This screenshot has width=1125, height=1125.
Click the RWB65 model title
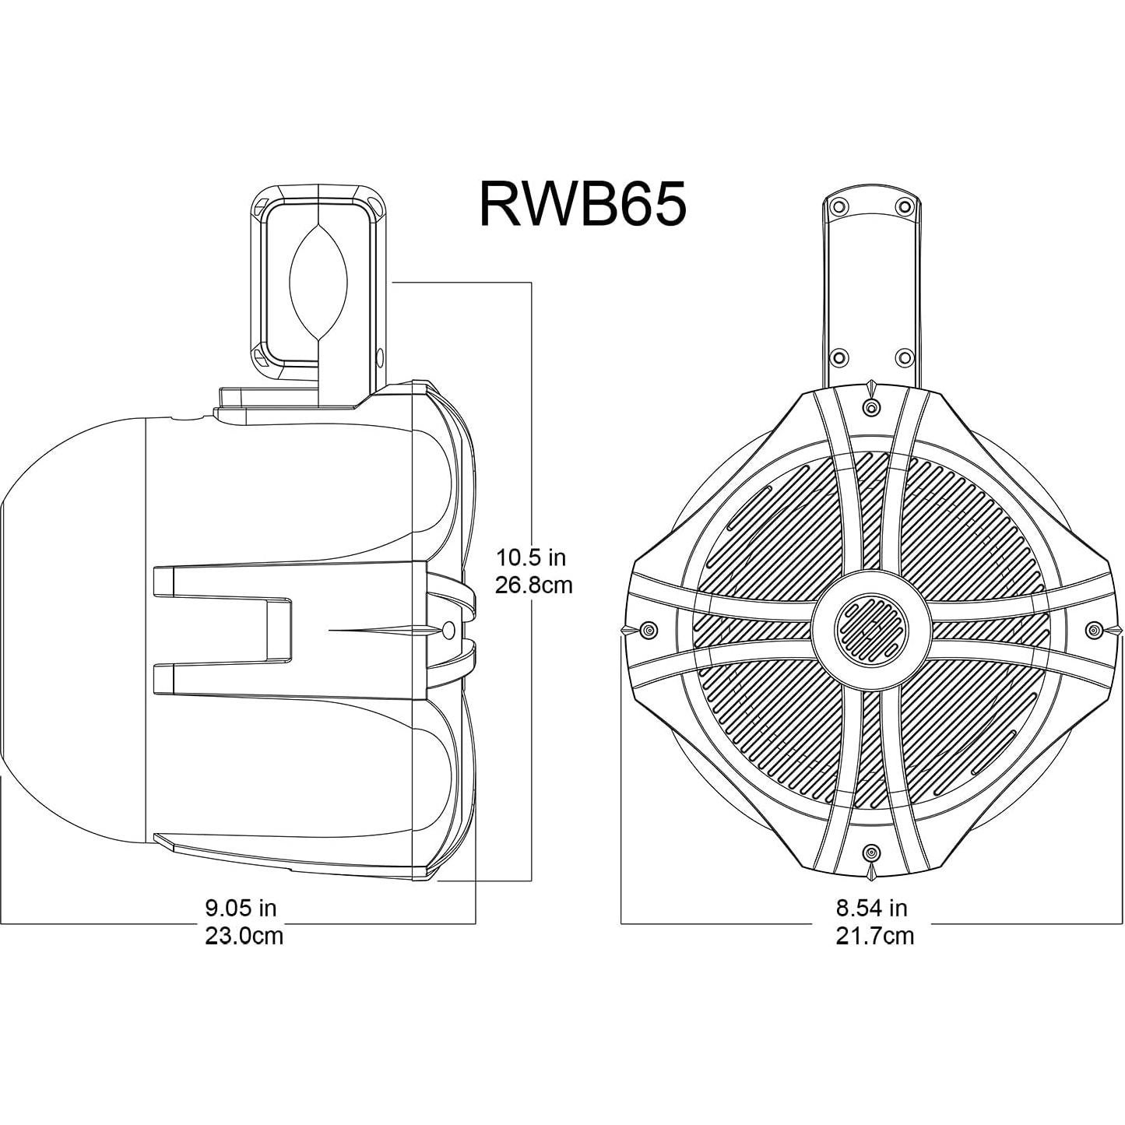(x=582, y=203)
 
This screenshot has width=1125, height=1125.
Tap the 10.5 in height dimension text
(x=532, y=557)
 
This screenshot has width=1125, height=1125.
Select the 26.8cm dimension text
(x=534, y=585)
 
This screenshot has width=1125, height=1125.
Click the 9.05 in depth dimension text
(x=241, y=908)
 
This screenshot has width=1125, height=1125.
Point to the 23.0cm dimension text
(x=244, y=935)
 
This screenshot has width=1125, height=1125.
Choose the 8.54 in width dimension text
(x=871, y=908)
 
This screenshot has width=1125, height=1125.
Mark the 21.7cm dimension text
(x=874, y=935)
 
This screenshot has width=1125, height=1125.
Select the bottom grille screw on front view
(x=871, y=850)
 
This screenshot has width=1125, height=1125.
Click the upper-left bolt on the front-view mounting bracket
(x=838, y=207)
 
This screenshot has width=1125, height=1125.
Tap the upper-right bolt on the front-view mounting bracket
(x=904, y=207)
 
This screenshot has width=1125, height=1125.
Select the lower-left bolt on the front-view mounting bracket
(x=838, y=357)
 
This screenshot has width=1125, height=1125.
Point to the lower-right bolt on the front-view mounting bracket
(x=904, y=357)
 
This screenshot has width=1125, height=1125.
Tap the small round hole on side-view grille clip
(x=448, y=630)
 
